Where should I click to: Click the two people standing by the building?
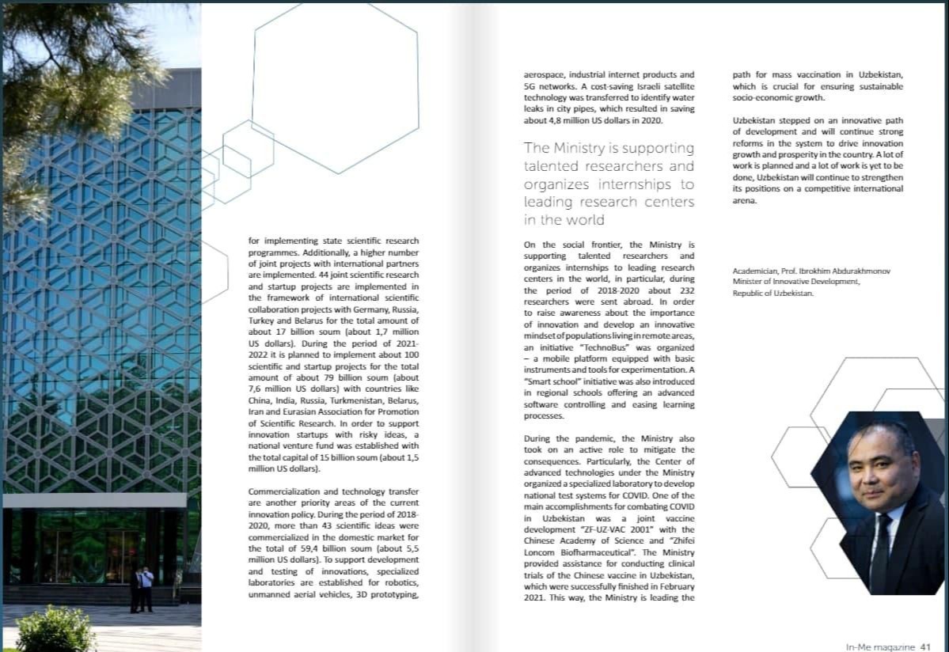[142, 589]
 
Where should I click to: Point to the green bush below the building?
[55, 631]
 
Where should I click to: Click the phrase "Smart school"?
[550, 381]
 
